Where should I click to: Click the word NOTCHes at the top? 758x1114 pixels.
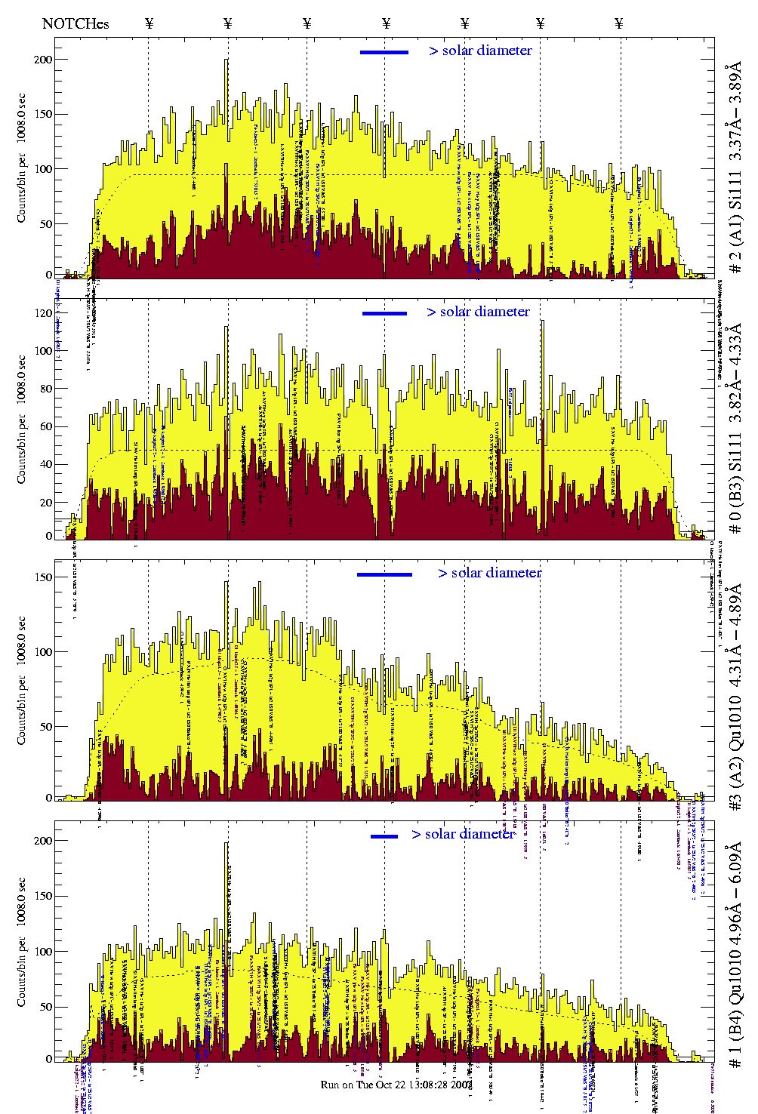pos(75,23)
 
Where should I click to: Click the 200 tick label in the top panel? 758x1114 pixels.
pos(44,60)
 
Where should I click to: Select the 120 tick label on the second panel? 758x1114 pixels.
pos(44,313)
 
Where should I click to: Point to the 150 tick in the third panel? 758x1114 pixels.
pos(44,577)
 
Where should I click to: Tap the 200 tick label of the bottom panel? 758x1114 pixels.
pos(44,841)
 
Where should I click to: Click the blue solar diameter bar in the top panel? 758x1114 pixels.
pos(384,52)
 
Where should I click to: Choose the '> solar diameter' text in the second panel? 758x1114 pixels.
pos(478,312)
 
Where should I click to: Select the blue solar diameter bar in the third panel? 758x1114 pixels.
pos(384,574)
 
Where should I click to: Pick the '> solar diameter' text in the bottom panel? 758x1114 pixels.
pos(463,834)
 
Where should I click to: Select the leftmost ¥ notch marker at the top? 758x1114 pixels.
pos(149,23)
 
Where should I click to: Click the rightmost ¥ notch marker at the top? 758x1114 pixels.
pos(619,23)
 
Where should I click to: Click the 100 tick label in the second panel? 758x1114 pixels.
pos(44,351)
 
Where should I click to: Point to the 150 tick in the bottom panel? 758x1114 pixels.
pos(44,896)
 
